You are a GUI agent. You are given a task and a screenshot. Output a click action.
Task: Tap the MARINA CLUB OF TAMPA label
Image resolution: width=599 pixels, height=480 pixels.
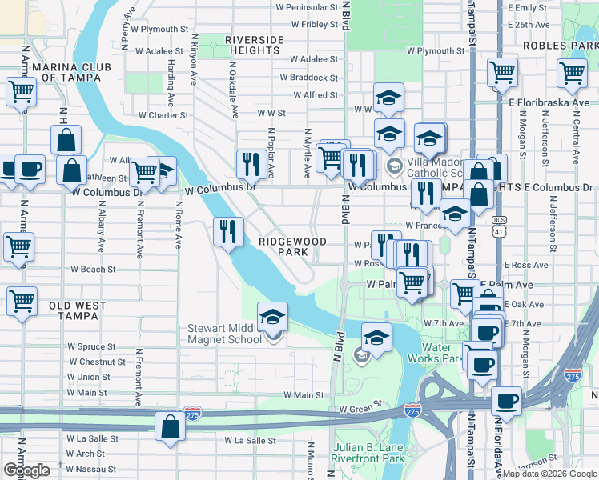coord(61,72)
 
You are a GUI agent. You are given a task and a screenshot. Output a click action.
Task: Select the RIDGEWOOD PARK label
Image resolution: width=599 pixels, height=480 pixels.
coord(292,246)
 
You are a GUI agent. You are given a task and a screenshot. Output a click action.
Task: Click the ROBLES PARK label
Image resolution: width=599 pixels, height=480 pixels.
coord(559,46)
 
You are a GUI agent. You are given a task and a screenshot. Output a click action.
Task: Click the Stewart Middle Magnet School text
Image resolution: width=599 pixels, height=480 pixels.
coord(225,334)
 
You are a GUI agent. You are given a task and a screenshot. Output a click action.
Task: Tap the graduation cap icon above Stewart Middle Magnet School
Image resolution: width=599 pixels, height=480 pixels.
coord(272,318)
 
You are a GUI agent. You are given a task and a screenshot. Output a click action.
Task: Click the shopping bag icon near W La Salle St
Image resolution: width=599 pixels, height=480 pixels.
coord(171,427)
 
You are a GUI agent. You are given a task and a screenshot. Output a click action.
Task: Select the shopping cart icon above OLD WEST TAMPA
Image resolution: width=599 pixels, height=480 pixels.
coord(22,302)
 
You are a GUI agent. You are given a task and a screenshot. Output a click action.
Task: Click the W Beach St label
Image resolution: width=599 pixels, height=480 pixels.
coord(93,270)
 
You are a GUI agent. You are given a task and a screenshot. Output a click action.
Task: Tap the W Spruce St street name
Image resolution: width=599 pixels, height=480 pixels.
coord(91,347)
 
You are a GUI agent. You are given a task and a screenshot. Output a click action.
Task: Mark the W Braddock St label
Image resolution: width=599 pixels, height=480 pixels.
coord(308,78)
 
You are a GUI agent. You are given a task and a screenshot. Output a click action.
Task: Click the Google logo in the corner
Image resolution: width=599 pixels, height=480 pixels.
coord(26,470)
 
